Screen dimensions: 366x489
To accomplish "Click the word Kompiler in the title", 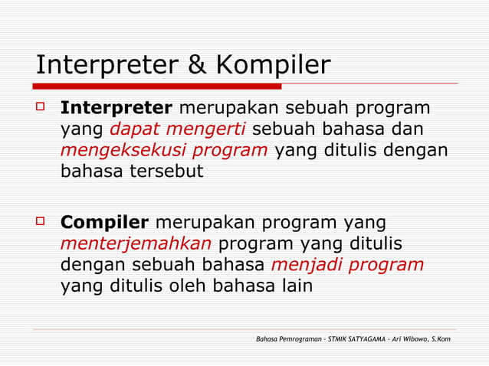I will [271, 66].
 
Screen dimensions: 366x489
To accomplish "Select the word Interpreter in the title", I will [107, 66].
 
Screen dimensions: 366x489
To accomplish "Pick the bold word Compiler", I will [104, 223].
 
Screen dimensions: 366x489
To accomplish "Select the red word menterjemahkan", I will [136, 244].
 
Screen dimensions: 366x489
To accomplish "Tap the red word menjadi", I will [304, 265].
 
